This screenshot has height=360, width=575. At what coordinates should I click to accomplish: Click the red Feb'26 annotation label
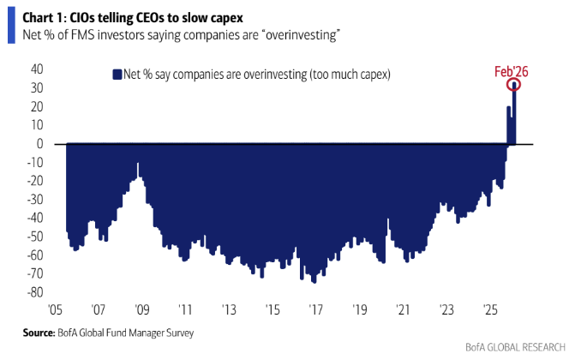[x=511, y=72]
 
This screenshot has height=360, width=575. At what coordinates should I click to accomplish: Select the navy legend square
[x=117, y=75]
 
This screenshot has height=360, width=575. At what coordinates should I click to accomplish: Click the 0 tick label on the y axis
[x=39, y=143]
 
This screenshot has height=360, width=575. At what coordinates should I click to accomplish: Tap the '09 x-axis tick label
[x=141, y=309]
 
